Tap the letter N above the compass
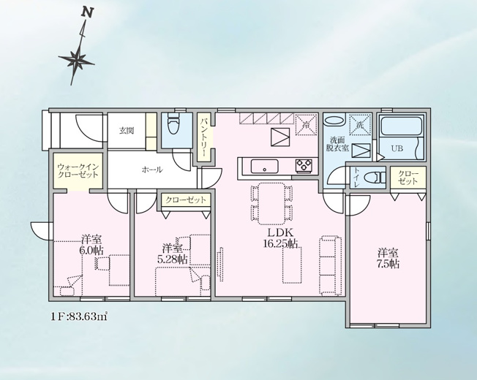tap(88, 13)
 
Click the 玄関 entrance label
tap(127, 132)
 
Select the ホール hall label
tap(151, 170)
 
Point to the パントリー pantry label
tap(206, 134)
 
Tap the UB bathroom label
tap(397, 148)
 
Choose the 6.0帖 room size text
tap(91, 248)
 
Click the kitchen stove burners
tap(303, 166)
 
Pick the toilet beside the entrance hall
tap(174, 126)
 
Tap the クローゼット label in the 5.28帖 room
tap(185, 199)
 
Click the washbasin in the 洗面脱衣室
tap(334, 122)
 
